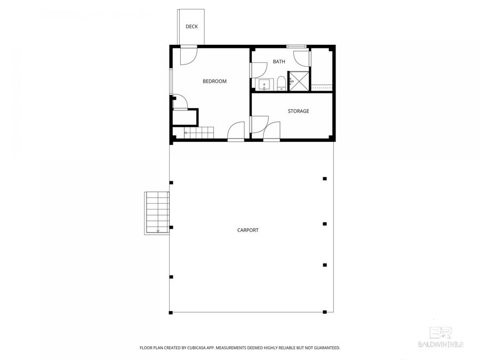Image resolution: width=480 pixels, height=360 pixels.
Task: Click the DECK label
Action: [191, 27]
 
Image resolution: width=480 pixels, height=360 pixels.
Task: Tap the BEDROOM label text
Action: [214, 82]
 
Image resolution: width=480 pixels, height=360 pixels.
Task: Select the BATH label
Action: [279, 62]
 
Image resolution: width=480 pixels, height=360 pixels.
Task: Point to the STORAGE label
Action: [298, 111]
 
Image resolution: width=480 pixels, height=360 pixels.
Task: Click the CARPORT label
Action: [248, 230]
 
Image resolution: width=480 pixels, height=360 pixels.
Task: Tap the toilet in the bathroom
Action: [281, 84]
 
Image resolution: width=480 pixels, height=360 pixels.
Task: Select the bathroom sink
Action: [264, 85]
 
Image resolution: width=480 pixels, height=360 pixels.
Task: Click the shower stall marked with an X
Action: [299, 82]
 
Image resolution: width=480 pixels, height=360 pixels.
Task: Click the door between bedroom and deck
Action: [188, 55]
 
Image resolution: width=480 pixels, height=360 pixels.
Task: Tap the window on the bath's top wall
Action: [297, 46]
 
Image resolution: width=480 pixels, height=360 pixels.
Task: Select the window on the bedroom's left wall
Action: [171, 81]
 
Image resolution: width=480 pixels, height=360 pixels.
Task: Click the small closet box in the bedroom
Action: [185, 117]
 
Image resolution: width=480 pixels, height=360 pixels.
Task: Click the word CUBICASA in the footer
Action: [195, 348]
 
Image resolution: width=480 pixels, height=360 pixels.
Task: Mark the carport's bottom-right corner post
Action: [325, 312]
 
